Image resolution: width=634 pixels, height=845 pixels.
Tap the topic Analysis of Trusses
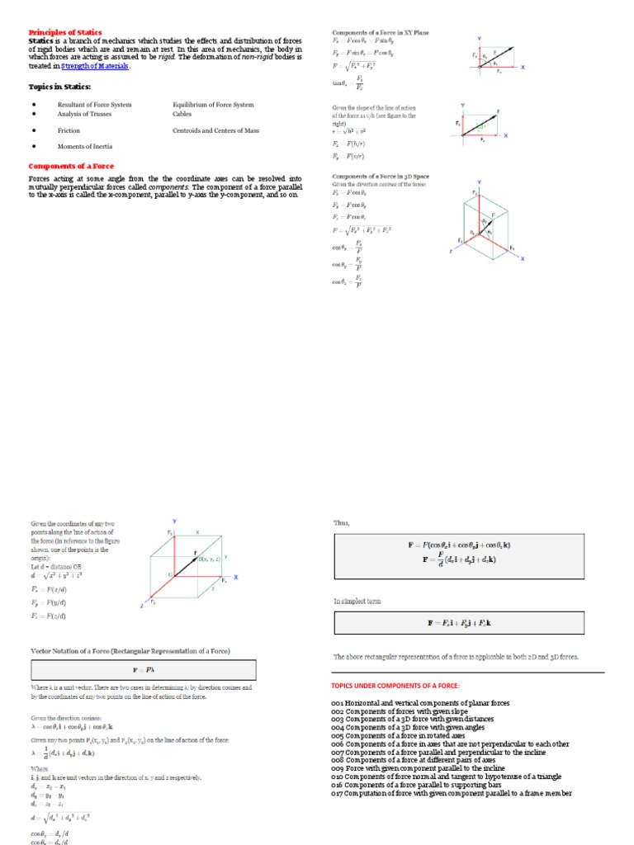(84, 114)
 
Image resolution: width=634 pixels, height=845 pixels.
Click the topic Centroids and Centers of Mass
(216, 130)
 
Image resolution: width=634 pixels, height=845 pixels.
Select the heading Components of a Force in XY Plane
(381, 32)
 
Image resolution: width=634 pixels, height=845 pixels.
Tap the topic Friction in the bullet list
(69, 130)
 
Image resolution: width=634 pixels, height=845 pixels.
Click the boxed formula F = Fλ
(143, 669)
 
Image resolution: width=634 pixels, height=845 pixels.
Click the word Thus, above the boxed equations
(342, 522)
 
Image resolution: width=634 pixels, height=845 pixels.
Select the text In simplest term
(357, 602)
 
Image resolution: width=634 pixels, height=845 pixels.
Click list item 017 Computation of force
(452, 794)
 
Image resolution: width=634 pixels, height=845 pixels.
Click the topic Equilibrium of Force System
(213, 105)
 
